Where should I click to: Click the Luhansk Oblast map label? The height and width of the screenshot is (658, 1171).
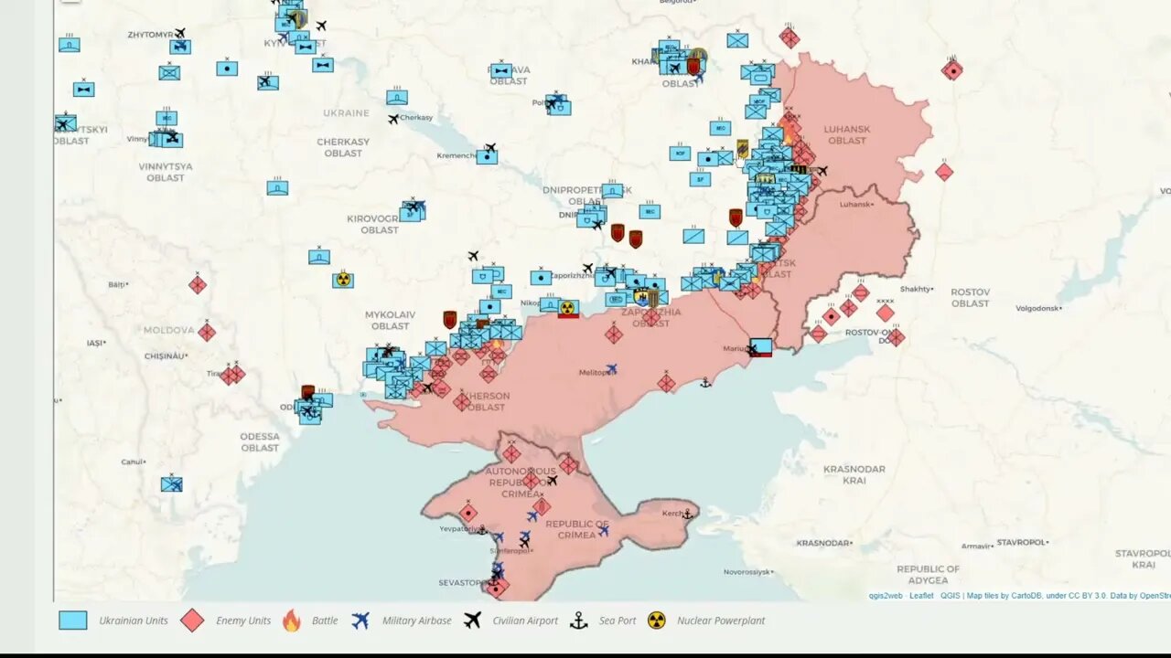(846, 134)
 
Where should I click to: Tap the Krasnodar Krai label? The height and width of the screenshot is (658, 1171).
(854, 474)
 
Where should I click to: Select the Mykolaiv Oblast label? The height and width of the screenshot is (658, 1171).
(390, 320)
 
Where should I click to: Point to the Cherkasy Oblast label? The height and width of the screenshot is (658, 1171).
(343, 147)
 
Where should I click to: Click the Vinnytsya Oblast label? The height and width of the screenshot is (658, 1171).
(166, 172)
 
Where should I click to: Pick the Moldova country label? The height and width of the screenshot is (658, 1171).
(168, 330)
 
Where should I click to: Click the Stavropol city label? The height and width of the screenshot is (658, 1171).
(1022, 542)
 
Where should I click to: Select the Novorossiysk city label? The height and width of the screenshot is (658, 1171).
(749, 572)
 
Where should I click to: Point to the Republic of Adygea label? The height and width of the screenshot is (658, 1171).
(928, 574)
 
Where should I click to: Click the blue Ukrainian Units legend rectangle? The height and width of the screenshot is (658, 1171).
(73, 621)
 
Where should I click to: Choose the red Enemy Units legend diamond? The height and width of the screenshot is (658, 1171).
(192, 621)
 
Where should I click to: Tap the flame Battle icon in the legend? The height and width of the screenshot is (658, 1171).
(291, 621)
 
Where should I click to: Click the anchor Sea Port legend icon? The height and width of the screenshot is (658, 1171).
(578, 621)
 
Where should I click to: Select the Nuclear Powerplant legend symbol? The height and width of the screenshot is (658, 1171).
(656, 621)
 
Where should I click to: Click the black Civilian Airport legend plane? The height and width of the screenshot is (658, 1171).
(472, 621)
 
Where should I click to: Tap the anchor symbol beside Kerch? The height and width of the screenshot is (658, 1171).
(687, 515)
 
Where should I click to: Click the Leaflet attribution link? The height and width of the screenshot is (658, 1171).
(920, 596)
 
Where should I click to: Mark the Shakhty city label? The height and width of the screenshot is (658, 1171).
(916, 289)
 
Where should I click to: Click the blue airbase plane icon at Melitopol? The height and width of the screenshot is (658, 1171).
(611, 369)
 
